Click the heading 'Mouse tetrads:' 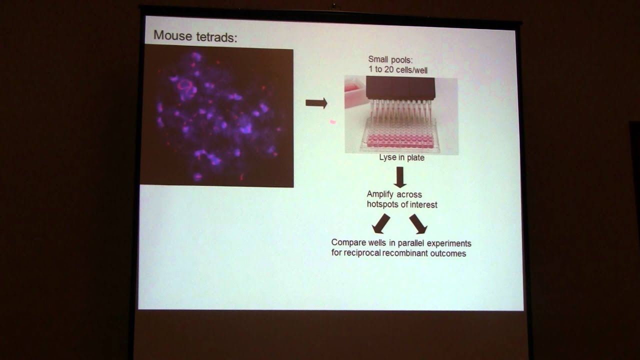pos(194,36)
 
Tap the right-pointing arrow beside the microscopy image pos(316,103)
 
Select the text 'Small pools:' pos(390,61)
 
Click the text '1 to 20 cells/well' pos(398,70)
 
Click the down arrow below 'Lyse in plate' pos(400,177)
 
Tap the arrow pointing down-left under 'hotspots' pos(381,223)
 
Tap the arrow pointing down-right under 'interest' pos(418,223)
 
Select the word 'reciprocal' pos(363,253)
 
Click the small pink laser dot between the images pos(332,121)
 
